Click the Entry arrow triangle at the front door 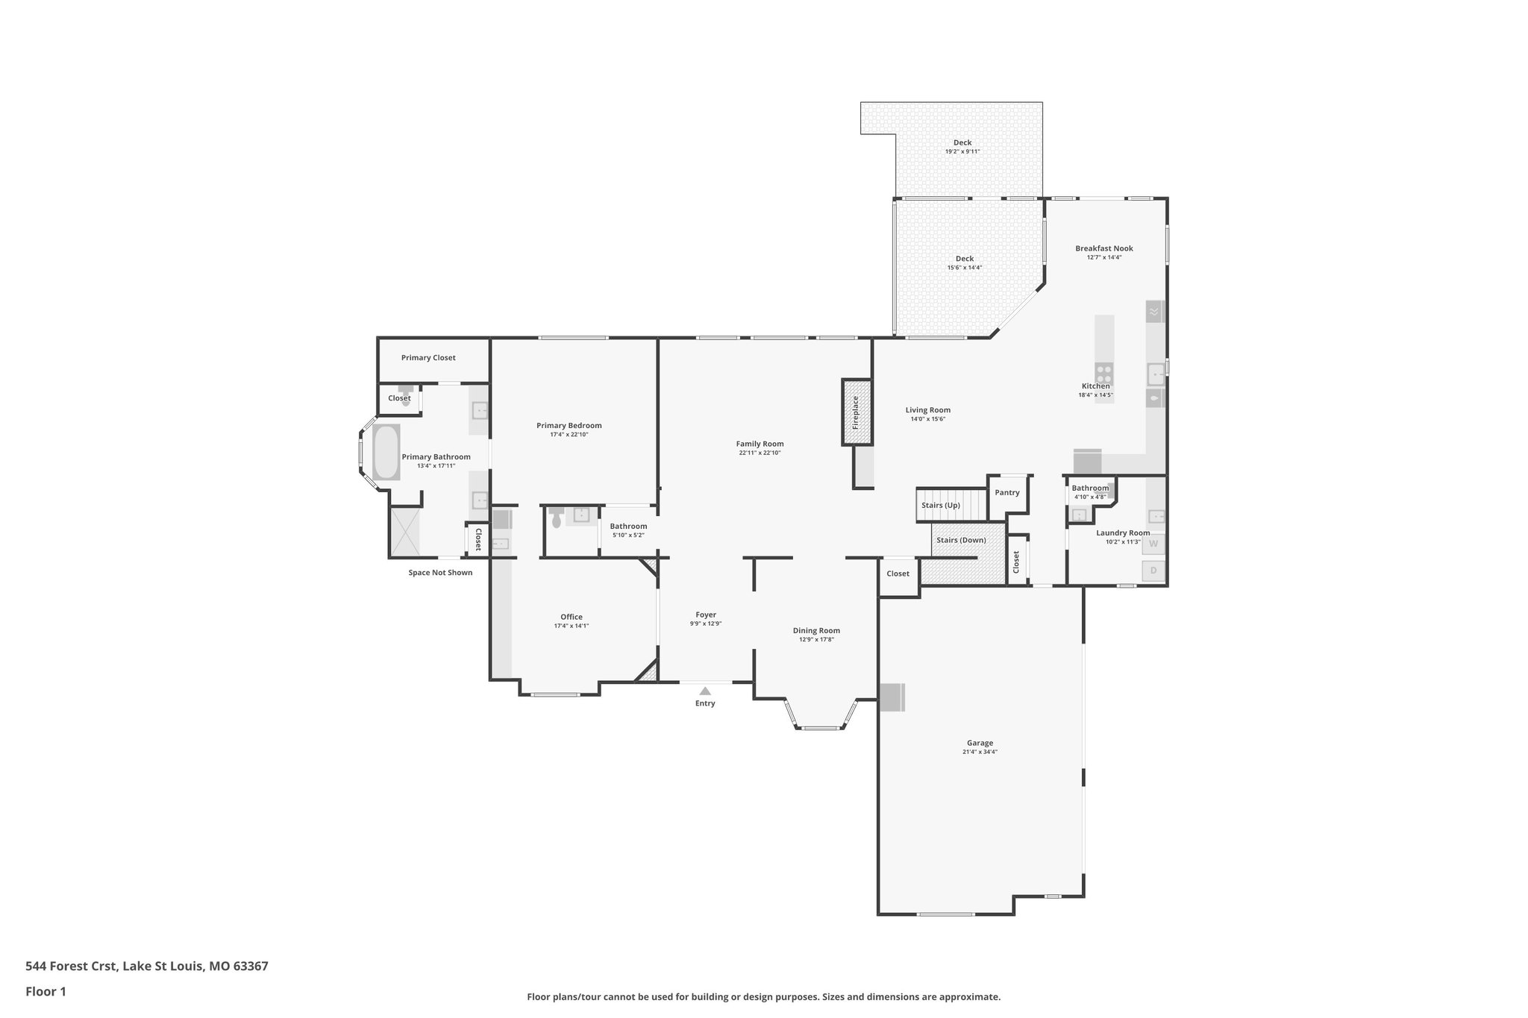point(705,691)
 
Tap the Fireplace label point(856,412)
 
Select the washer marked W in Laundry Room point(1153,544)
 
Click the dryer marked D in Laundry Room point(1153,571)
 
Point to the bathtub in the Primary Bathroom point(386,453)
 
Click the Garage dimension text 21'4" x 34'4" point(980,752)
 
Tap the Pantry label point(1007,492)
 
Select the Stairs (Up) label point(941,505)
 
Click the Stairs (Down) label point(961,540)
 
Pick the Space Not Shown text point(440,573)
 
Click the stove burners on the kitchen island point(1104,373)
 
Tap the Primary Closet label point(428,358)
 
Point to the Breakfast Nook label point(1104,248)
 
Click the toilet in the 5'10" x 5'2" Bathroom point(556,518)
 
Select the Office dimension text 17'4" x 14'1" point(572,626)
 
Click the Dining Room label point(816,630)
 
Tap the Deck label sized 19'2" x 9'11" point(962,142)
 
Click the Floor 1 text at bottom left point(46,991)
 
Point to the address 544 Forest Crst point(146,966)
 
